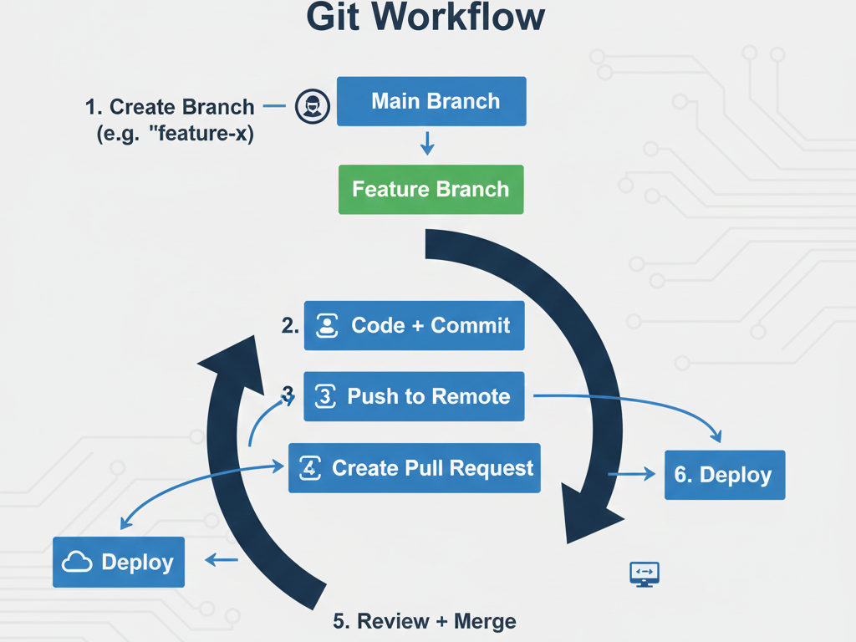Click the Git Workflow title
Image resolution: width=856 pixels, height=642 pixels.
(426, 18)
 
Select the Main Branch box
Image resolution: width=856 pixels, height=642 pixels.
(431, 102)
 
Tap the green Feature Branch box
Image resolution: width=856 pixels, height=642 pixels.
(431, 189)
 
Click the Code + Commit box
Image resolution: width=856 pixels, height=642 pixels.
(414, 325)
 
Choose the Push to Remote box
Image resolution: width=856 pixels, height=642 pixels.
(414, 396)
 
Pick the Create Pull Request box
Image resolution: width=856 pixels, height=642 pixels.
(414, 467)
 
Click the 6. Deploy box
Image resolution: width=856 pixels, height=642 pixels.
(724, 475)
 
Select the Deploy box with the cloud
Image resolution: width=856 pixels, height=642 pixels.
(118, 562)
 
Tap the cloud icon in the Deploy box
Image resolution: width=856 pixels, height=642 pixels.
(77, 563)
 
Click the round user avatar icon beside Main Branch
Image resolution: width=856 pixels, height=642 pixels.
(313, 107)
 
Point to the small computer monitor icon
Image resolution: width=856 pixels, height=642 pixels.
(644, 573)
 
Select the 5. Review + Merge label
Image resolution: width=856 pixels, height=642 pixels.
(425, 621)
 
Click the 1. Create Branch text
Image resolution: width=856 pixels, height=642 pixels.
(170, 107)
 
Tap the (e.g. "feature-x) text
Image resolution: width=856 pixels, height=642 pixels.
(175, 132)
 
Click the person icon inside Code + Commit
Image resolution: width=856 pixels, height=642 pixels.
(327, 326)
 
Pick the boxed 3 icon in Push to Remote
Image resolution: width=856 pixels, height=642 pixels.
(324, 396)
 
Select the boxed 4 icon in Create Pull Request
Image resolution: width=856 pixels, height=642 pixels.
(310, 467)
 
